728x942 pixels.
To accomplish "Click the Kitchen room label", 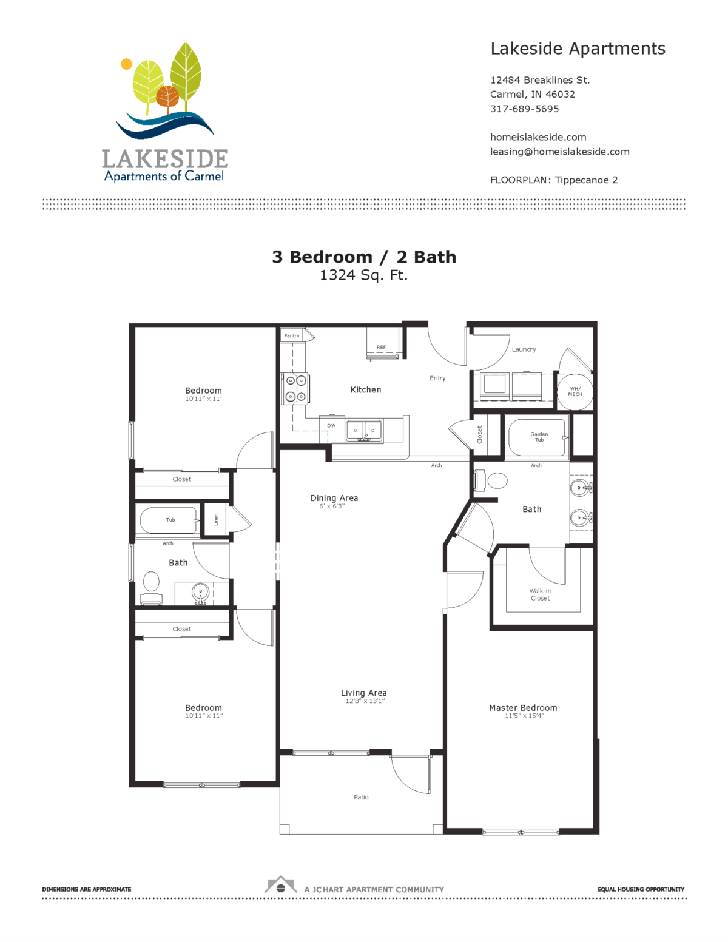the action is point(366,389).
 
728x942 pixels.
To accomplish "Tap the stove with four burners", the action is point(295,388).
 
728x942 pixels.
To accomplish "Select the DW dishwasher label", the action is point(331,426).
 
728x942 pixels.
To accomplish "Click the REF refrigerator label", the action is point(381,347).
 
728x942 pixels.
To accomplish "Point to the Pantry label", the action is point(292,335).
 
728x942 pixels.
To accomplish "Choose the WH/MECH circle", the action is point(575,392).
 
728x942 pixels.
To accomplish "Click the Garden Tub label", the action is point(539,437).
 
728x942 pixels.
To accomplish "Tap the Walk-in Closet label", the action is point(541,594).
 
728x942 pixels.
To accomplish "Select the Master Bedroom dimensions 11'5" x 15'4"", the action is point(524,716).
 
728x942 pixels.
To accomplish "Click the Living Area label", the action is point(364,693).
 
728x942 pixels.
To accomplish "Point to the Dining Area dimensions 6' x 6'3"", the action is point(332,506).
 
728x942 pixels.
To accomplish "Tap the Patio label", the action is point(361,797).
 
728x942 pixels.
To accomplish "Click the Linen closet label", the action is point(216,519).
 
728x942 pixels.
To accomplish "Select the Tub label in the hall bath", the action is point(170,520).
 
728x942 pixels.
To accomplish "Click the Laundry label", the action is point(524,349).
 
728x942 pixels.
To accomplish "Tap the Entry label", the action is point(437,378).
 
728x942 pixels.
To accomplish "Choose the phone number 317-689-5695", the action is point(525,109).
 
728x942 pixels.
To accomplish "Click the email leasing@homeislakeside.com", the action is point(560,152).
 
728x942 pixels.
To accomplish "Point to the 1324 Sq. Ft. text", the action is point(364,275).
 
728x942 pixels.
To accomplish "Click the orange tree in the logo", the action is point(167,97).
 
